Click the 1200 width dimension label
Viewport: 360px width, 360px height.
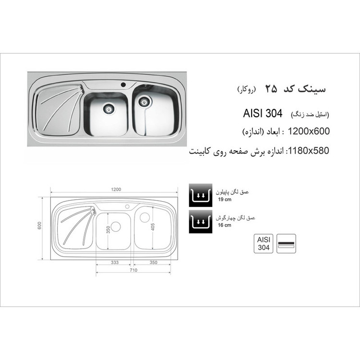pyautogui.click(x=116, y=190)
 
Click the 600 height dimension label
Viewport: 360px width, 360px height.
pyautogui.click(x=39, y=226)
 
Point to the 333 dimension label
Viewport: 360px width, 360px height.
pyautogui.click(x=115, y=263)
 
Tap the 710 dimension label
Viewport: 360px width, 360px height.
pyautogui.click(x=133, y=270)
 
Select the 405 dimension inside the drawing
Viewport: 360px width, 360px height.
pyautogui.click(x=153, y=227)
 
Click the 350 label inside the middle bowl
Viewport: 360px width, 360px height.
pyautogui.click(x=108, y=229)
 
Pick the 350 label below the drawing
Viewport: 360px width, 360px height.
pyautogui.click(x=154, y=263)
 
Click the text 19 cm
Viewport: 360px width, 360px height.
pyautogui.click(x=225, y=199)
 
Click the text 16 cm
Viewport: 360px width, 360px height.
pyautogui.click(x=225, y=225)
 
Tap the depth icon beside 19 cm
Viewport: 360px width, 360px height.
pyautogui.click(x=201, y=195)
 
